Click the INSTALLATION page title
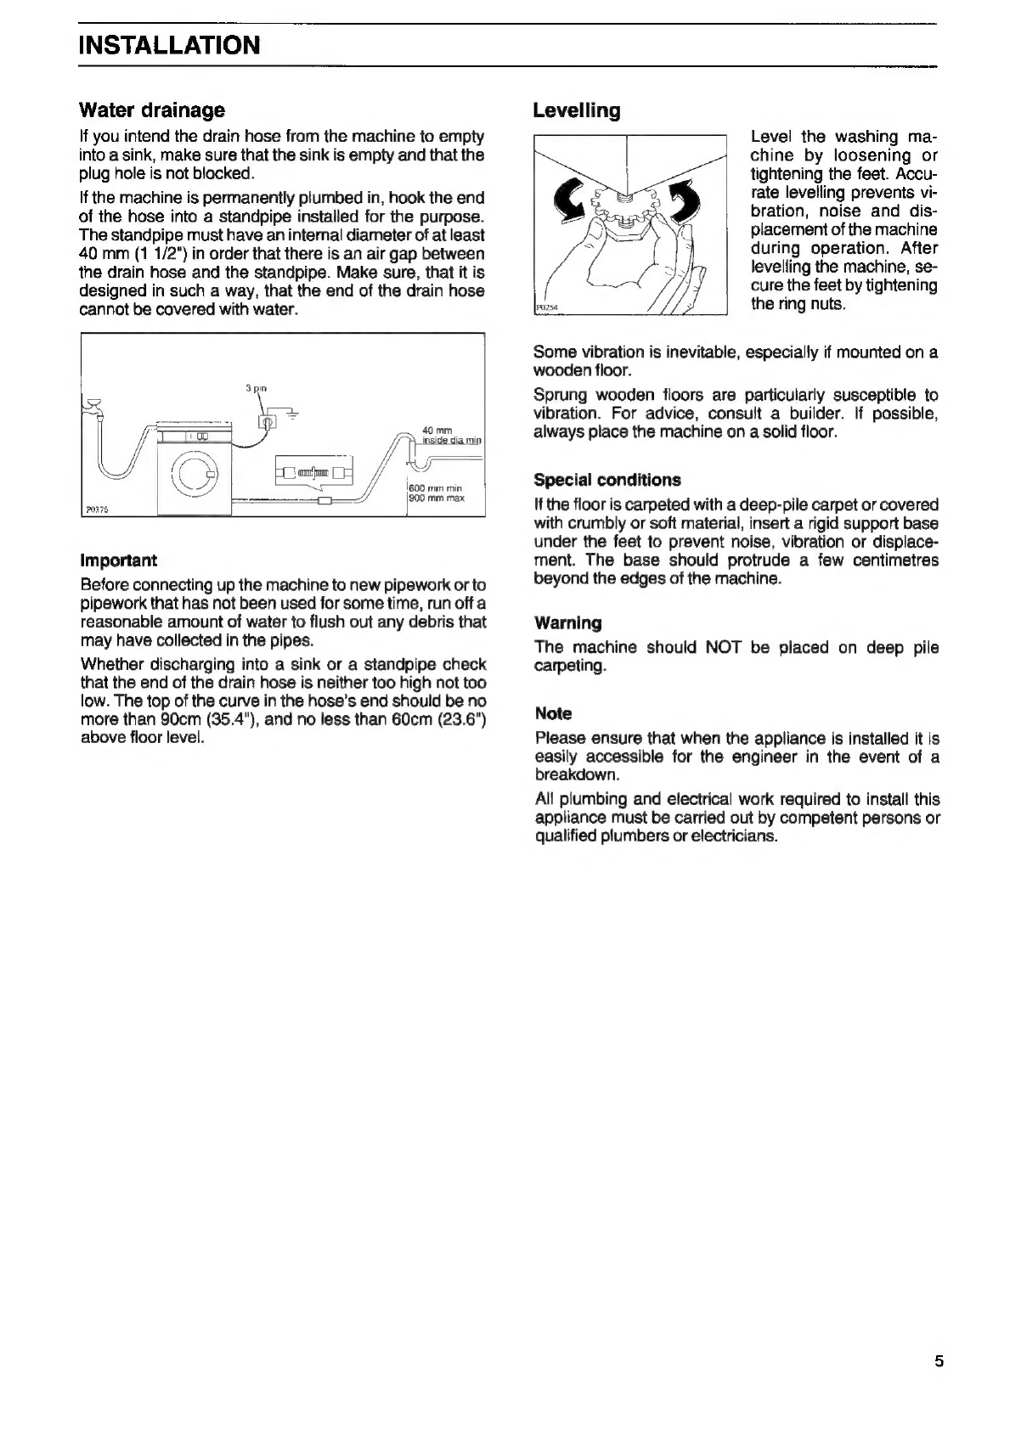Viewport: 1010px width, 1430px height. coord(169,45)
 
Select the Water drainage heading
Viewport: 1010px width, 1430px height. coord(152,110)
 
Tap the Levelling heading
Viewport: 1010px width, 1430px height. coord(577,110)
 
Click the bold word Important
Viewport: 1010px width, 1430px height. coord(119,560)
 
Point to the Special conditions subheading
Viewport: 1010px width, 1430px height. coord(608,480)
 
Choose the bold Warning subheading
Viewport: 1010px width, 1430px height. coord(568,622)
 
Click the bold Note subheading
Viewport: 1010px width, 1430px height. coord(554,713)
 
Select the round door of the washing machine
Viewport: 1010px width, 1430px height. coord(195,474)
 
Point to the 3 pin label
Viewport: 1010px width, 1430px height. coord(256,388)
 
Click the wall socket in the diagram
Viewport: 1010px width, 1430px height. coord(267,421)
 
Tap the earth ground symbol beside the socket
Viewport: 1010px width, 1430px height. coord(292,414)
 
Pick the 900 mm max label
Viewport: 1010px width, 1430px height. coord(436,498)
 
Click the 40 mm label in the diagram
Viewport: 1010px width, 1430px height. coord(437,431)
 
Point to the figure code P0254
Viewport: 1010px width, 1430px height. coord(546,307)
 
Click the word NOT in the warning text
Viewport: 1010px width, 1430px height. coord(723,647)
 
